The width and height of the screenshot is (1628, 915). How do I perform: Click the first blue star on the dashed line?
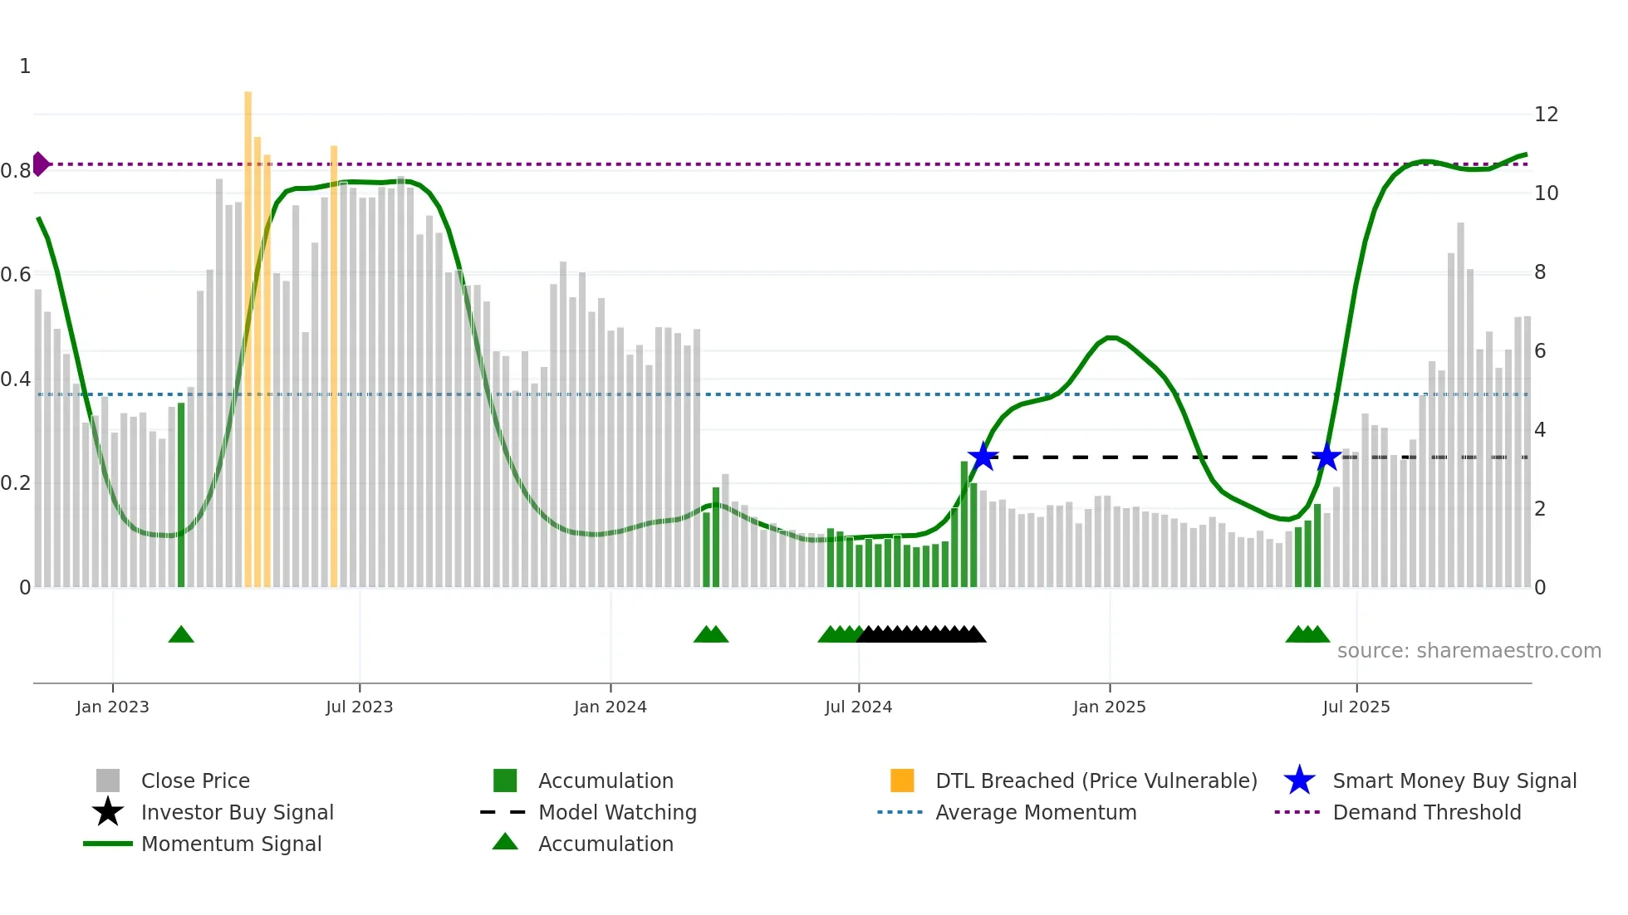click(983, 457)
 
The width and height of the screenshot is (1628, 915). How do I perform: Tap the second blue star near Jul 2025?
click(1326, 457)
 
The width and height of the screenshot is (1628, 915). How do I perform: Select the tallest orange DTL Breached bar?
click(248, 332)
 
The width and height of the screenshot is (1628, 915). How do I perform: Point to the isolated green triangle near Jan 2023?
click(181, 635)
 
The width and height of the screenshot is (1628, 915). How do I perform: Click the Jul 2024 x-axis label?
click(858, 707)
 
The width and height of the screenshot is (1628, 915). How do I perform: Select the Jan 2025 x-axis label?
click(1109, 707)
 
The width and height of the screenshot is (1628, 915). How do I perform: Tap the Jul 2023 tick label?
click(359, 707)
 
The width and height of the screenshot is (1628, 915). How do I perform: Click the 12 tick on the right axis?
click(1546, 115)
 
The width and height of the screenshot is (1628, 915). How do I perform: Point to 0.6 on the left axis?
click(16, 275)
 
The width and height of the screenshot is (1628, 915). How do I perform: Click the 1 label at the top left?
click(25, 66)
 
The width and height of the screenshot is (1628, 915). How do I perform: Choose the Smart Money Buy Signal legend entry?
click(1454, 780)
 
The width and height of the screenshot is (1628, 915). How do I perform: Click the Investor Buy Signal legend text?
click(237, 812)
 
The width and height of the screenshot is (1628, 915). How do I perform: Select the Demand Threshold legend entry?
click(1426, 812)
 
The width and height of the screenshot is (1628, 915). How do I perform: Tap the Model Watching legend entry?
click(616, 812)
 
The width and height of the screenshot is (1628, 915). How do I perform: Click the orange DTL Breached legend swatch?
click(902, 780)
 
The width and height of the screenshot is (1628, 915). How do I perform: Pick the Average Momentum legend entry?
click(1035, 812)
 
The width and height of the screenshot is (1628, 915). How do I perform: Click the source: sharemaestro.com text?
click(1469, 651)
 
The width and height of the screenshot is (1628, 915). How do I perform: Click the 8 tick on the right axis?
click(1540, 272)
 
